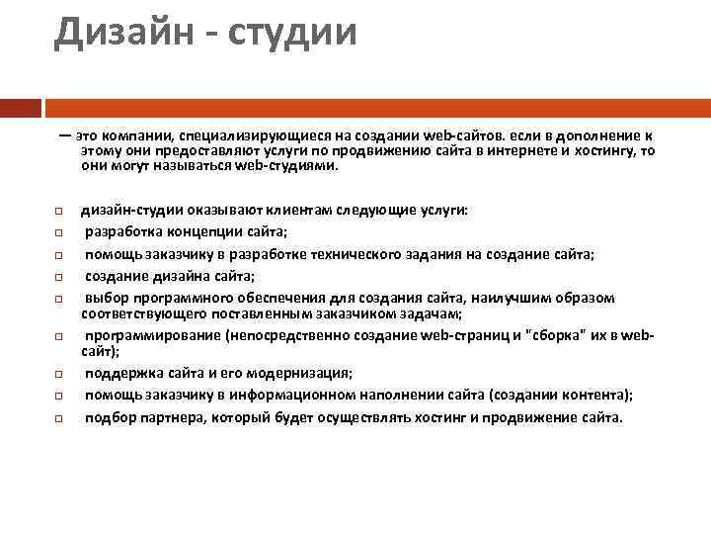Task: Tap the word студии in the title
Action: pyautogui.click(x=291, y=33)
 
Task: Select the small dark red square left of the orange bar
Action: pyautogui.click(x=21, y=106)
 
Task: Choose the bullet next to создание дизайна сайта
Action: pyautogui.click(x=58, y=276)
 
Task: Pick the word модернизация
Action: pyautogui.click(x=302, y=373)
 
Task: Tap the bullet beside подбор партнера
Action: pyautogui.click(x=58, y=417)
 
